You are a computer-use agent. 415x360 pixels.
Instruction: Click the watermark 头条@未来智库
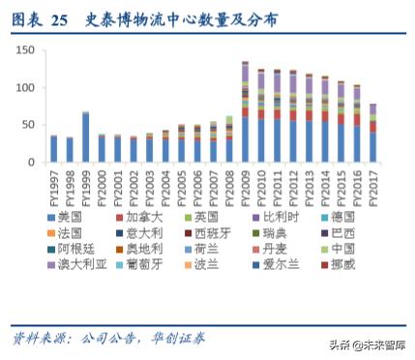pos(365,344)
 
